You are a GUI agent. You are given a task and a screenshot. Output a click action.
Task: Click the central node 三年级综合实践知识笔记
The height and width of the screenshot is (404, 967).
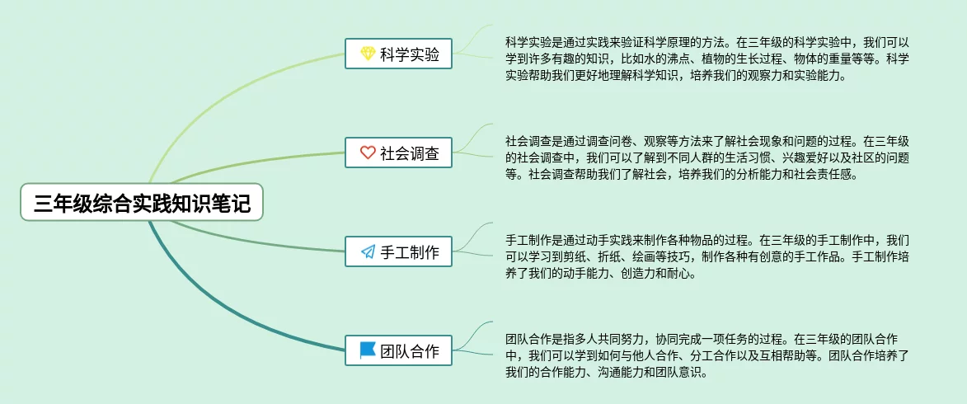click(x=141, y=202)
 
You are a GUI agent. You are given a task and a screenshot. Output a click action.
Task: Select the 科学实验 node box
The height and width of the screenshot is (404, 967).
click(x=398, y=55)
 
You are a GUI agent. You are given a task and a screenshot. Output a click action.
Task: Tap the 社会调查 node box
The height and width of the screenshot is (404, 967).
click(x=398, y=153)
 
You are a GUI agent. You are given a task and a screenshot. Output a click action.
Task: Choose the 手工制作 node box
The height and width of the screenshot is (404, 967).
click(x=398, y=252)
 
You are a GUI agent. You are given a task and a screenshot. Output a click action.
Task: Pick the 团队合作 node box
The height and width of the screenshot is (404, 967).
click(x=398, y=351)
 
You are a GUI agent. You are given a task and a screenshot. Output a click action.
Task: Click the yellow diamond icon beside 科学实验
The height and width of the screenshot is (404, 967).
click(x=368, y=54)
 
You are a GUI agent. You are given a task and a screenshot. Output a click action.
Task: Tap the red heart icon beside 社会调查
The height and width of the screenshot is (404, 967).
click(x=368, y=153)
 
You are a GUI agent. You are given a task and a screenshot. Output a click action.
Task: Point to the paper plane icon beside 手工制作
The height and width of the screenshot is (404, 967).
click(x=368, y=252)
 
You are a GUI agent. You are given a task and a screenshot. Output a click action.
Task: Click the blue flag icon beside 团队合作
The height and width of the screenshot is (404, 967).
click(x=368, y=350)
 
